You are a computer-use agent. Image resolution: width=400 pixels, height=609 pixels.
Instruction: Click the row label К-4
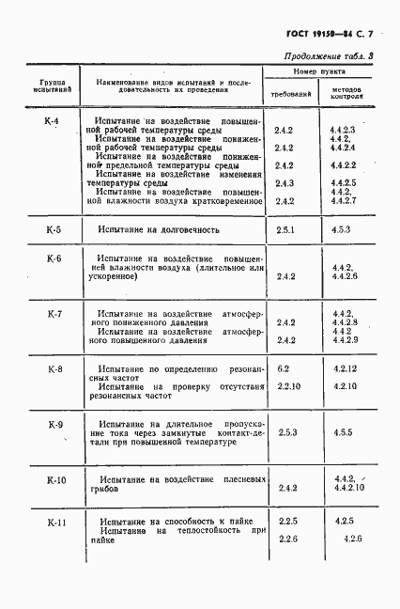point(53,122)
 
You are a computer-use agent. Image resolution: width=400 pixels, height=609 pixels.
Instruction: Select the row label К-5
point(54,229)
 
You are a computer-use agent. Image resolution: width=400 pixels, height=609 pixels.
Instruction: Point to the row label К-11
point(55,521)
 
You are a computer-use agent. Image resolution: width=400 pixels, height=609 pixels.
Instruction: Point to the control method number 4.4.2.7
point(343,201)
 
